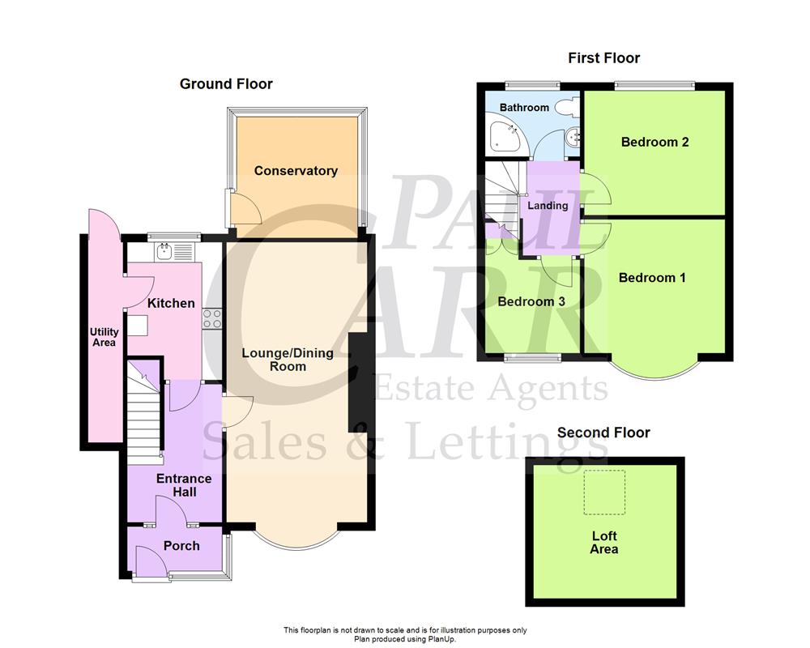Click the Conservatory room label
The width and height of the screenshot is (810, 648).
tap(296, 171)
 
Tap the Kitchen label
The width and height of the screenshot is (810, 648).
tap(171, 303)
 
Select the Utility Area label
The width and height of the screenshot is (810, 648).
tap(104, 337)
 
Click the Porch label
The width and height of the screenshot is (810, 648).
tap(181, 546)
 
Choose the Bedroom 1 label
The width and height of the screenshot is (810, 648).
tap(652, 278)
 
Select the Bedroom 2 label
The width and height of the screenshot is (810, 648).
tap(654, 143)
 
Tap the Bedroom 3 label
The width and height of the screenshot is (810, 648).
tap(531, 301)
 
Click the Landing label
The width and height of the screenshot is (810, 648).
tap(548, 206)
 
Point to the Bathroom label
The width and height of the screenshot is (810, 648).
tap(524, 108)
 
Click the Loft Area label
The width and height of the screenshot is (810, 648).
tap(604, 543)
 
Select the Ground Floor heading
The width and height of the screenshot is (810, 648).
tap(226, 84)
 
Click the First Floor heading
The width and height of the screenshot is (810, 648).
tap(603, 58)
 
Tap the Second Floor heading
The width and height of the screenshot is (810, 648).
tap(603, 433)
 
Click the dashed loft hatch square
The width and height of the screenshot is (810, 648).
tap(604, 492)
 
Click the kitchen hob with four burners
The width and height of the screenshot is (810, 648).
tap(213, 319)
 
